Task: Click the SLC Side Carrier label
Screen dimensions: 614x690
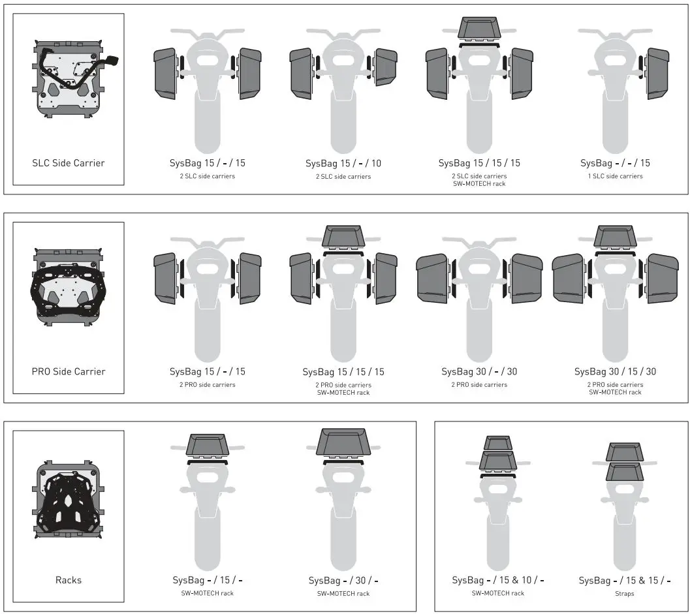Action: [68, 163]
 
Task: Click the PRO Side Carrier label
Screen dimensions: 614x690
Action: [68, 371]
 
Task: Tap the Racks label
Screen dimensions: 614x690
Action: [68, 580]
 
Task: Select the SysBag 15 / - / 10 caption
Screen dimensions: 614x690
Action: [343, 163]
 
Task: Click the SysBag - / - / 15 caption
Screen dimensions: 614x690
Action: [615, 163]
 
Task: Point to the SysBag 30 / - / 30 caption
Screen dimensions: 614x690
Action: [479, 371]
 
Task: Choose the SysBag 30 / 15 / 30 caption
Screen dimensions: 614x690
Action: [615, 371]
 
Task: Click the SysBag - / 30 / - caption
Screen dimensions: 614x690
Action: [343, 580]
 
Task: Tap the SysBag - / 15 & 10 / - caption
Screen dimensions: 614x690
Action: [498, 580]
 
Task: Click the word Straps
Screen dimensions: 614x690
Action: [624, 593]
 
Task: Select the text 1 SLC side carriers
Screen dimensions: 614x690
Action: [615, 176]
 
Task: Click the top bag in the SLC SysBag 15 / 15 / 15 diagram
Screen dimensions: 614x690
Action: [479, 29]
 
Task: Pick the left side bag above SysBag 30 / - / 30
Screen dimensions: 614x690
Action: [432, 278]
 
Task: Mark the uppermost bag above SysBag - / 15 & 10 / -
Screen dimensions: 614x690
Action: [498, 443]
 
